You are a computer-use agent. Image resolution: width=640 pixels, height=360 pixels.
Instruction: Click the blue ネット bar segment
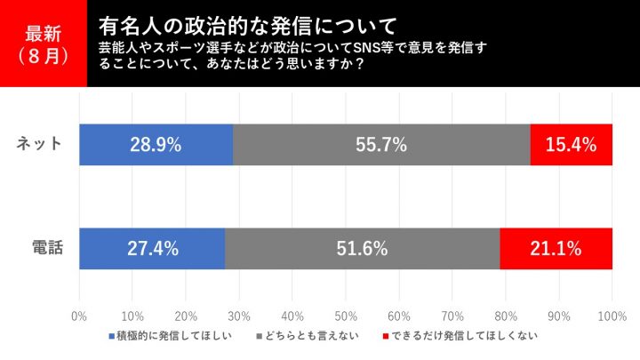(x=156, y=144)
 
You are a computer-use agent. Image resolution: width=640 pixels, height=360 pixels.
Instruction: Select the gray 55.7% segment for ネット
(x=381, y=144)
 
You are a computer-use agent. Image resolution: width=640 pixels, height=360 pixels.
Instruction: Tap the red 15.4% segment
(x=572, y=144)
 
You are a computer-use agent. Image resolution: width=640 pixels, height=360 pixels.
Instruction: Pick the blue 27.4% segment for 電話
(x=152, y=248)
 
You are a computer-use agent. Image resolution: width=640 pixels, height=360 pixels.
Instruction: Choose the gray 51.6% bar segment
(x=362, y=248)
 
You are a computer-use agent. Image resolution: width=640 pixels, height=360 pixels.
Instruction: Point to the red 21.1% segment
(x=556, y=248)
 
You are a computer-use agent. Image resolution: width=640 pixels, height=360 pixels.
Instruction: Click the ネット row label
(x=40, y=144)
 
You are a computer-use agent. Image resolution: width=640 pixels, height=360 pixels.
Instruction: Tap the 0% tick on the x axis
(x=79, y=316)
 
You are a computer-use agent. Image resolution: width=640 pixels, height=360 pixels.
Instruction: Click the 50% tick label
(x=346, y=316)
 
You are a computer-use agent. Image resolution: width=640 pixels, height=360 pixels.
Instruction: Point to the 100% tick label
(x=612, y=316)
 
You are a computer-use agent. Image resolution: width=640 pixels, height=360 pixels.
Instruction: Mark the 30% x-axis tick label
(x=239, y=316)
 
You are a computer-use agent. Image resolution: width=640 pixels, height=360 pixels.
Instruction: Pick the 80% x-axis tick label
(x=506, y=316)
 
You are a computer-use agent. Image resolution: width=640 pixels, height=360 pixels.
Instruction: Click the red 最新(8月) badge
(x=44, y=44)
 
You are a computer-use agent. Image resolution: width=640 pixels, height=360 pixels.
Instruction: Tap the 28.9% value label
(x=156, y=144)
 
